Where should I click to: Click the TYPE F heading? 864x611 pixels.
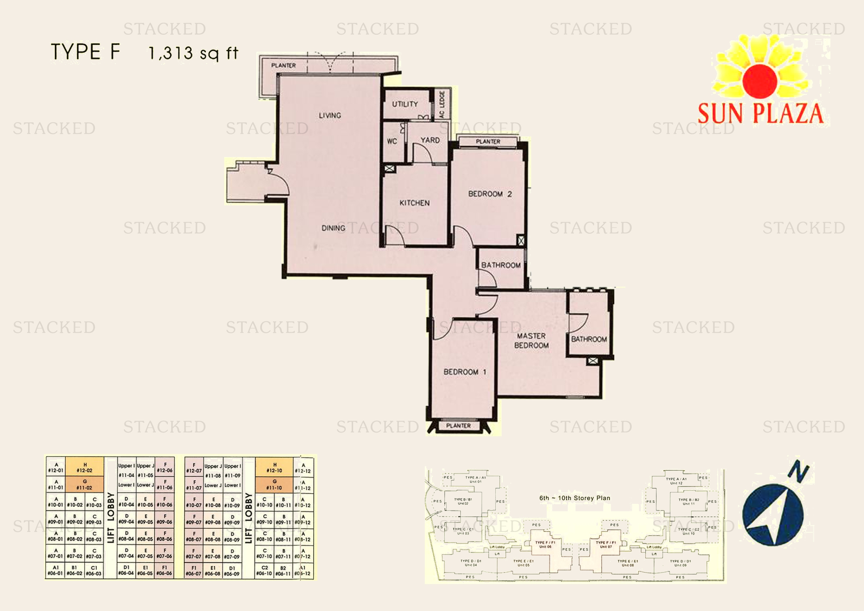coord(85,52)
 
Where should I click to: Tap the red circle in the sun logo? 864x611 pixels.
coord(760,80)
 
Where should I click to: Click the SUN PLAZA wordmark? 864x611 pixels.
coord(761,113)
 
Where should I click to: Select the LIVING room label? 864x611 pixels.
coord(330,116)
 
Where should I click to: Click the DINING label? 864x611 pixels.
coord(333,228)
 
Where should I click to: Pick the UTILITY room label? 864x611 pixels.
coord(405,104)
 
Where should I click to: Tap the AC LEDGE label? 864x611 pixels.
coord(442,104)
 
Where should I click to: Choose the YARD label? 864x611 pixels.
coord(430,140)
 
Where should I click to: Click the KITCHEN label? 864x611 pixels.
coord(414,203)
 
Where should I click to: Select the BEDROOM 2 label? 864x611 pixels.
coord(489,194)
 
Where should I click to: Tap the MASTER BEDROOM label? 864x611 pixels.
coord(531,341)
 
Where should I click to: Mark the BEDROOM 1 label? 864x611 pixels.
coord(465,372)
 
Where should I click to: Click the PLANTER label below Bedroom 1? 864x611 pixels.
coord(458,426)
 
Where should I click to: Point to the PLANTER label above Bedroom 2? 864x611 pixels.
coord(488,141)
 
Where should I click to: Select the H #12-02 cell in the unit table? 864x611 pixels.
coord(85,468)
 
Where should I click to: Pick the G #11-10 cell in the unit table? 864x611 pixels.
coord(274,485)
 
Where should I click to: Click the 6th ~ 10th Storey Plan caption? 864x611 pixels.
coord(575,498)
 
